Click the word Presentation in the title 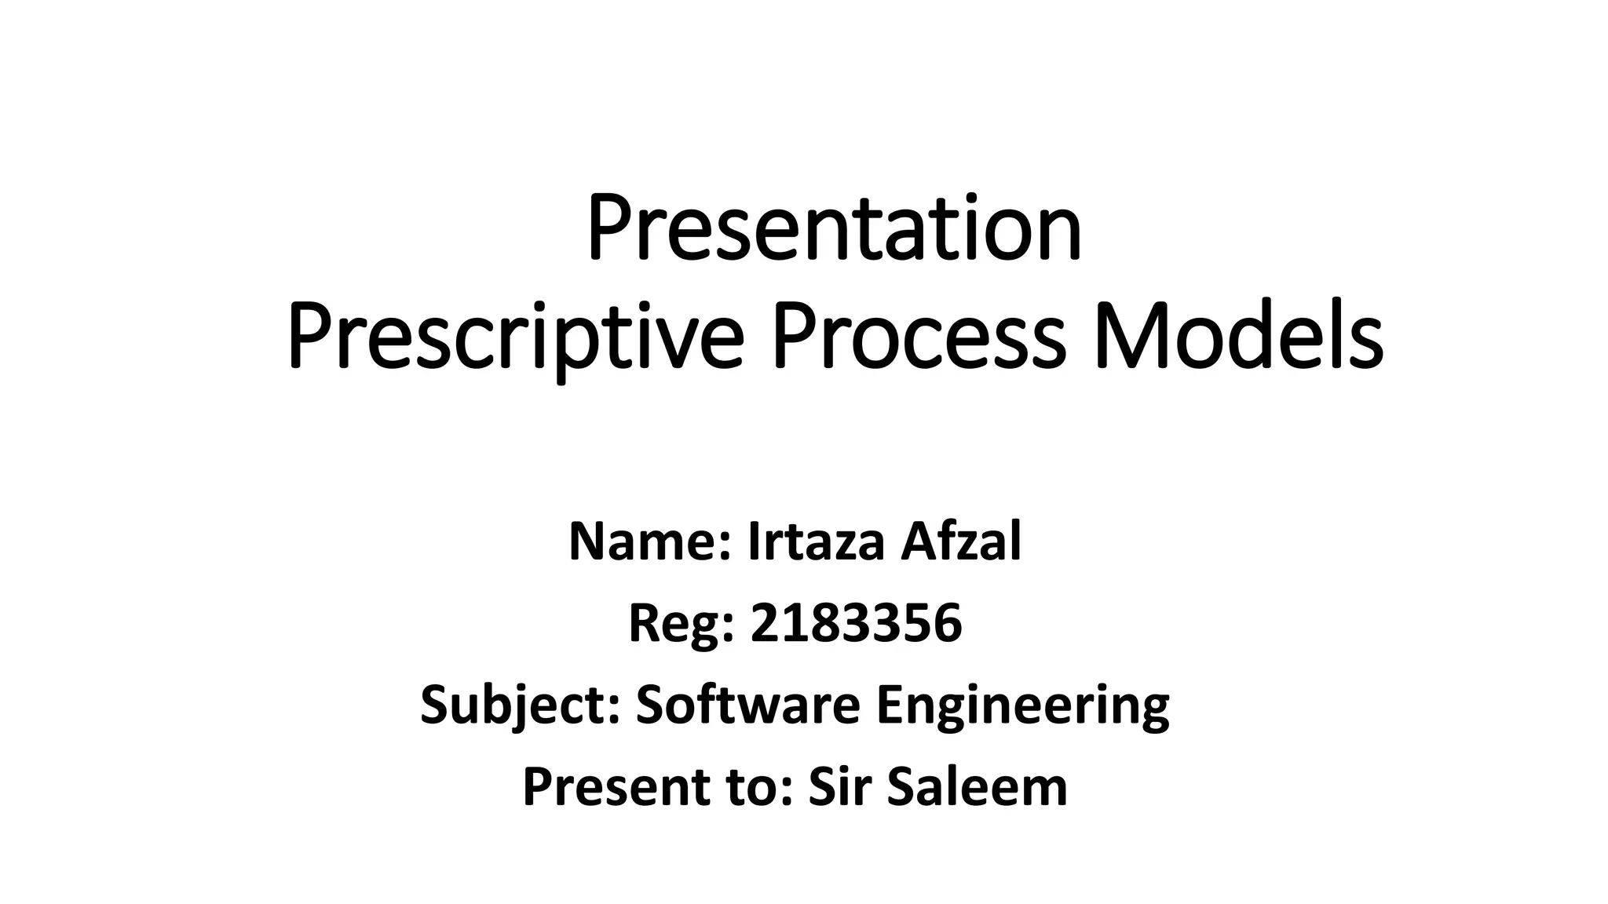click(834, 229)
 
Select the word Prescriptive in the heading click(515, 340)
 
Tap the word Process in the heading click(919, 340)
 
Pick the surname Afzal click(960, 541)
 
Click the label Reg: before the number click(682, 624)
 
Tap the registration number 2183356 click(856, 624)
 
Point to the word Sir click(840, 787)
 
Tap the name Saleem click(977, 787)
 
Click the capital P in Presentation click(605, 229)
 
